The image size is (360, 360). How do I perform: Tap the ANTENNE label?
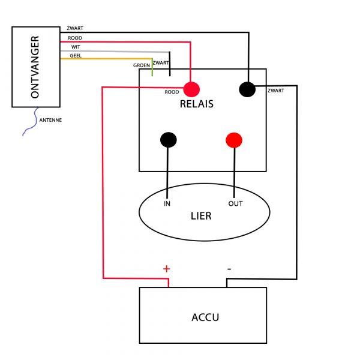point(50,120)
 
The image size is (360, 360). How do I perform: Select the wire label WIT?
point(76,47)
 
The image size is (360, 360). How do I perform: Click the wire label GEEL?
point(76,56)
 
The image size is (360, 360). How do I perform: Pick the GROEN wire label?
point(142,65)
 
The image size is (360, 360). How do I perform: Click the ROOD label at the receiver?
point(75,38)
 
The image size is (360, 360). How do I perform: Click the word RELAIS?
point(197,104)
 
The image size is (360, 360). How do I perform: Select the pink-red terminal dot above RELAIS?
point(191,89)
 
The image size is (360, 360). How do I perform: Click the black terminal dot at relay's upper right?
point(247,89)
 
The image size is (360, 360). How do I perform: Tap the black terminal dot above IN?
point(169,140)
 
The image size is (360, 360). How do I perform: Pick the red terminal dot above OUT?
point(233,140)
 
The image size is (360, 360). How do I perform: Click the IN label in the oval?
point(167,203)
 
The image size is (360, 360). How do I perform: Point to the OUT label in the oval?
point(236,203)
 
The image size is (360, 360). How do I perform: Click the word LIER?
point(200,215)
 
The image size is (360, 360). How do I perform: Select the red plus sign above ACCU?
point(167,269)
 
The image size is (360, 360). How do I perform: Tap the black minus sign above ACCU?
point(229,268)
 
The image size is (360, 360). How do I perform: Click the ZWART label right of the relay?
point(276,91)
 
